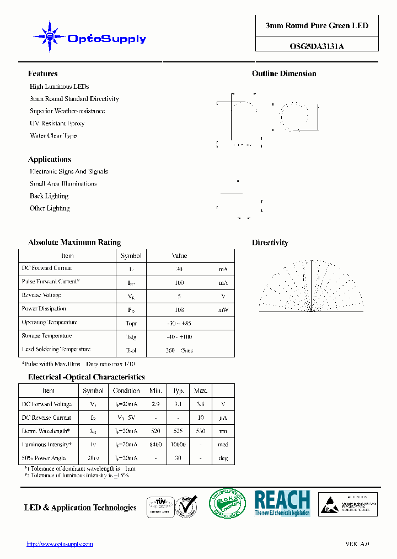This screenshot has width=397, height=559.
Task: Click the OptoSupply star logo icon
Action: (x=50, y=37)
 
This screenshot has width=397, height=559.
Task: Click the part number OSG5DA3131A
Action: (x=316, y=46)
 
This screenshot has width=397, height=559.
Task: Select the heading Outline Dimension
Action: (x=284, y=73)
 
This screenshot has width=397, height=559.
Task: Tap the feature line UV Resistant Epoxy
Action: (x=57, y=123)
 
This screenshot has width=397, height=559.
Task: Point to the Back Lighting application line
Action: (x=49, y=196)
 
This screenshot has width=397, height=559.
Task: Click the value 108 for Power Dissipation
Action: (x=179, y=310)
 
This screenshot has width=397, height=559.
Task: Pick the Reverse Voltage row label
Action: (x=41, y=296)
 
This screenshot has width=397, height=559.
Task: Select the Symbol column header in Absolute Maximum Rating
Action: (x=131, y=256)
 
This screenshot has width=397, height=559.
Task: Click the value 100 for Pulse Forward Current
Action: (x=179, y=283)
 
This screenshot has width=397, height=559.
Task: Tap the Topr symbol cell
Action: (x=131, y=323)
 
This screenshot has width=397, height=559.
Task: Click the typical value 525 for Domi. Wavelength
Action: (x=179, y=431)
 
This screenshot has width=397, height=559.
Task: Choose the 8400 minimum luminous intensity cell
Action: (x=155, y=445)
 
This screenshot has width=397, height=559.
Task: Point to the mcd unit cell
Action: (x=223, y=445)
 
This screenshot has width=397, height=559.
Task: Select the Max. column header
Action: (x=201, y=391)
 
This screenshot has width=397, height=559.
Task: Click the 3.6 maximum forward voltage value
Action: (x=201, y=404)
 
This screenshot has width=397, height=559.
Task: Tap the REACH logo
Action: (x=282, y=503)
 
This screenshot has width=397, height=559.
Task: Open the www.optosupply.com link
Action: (x=60, y=544)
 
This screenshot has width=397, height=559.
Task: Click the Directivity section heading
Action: (x=270, y=242)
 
